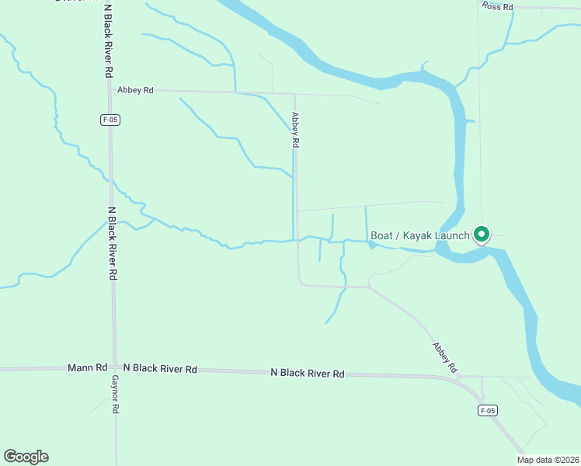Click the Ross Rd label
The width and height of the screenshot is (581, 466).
[x=497, y=6]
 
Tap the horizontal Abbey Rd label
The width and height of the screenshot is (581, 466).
[x=135, y=90]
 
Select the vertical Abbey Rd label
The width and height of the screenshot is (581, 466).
[x=295, y=130]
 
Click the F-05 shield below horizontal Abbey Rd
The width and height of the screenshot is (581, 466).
[x=110, y=120]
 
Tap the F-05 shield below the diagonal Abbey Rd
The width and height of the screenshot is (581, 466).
[x=487, y=411]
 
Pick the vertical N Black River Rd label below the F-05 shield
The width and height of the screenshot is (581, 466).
[x=113, y=242]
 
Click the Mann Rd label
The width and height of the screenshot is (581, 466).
[x=87, y=368]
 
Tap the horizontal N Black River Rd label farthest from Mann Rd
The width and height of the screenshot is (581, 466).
[x=307, y=374]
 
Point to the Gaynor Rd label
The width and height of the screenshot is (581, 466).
[x=114, y=395]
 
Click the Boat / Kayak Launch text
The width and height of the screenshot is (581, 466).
[x=419, y=235]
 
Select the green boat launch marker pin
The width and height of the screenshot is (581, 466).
[x=481, y=234]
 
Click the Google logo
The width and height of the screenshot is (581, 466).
[x=26, y=457]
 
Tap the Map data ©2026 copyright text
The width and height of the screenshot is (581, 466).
[x=548, y=460]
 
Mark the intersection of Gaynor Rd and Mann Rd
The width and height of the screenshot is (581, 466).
[x=115, y=368]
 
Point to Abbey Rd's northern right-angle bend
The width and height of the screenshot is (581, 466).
[x=294, y=94]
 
